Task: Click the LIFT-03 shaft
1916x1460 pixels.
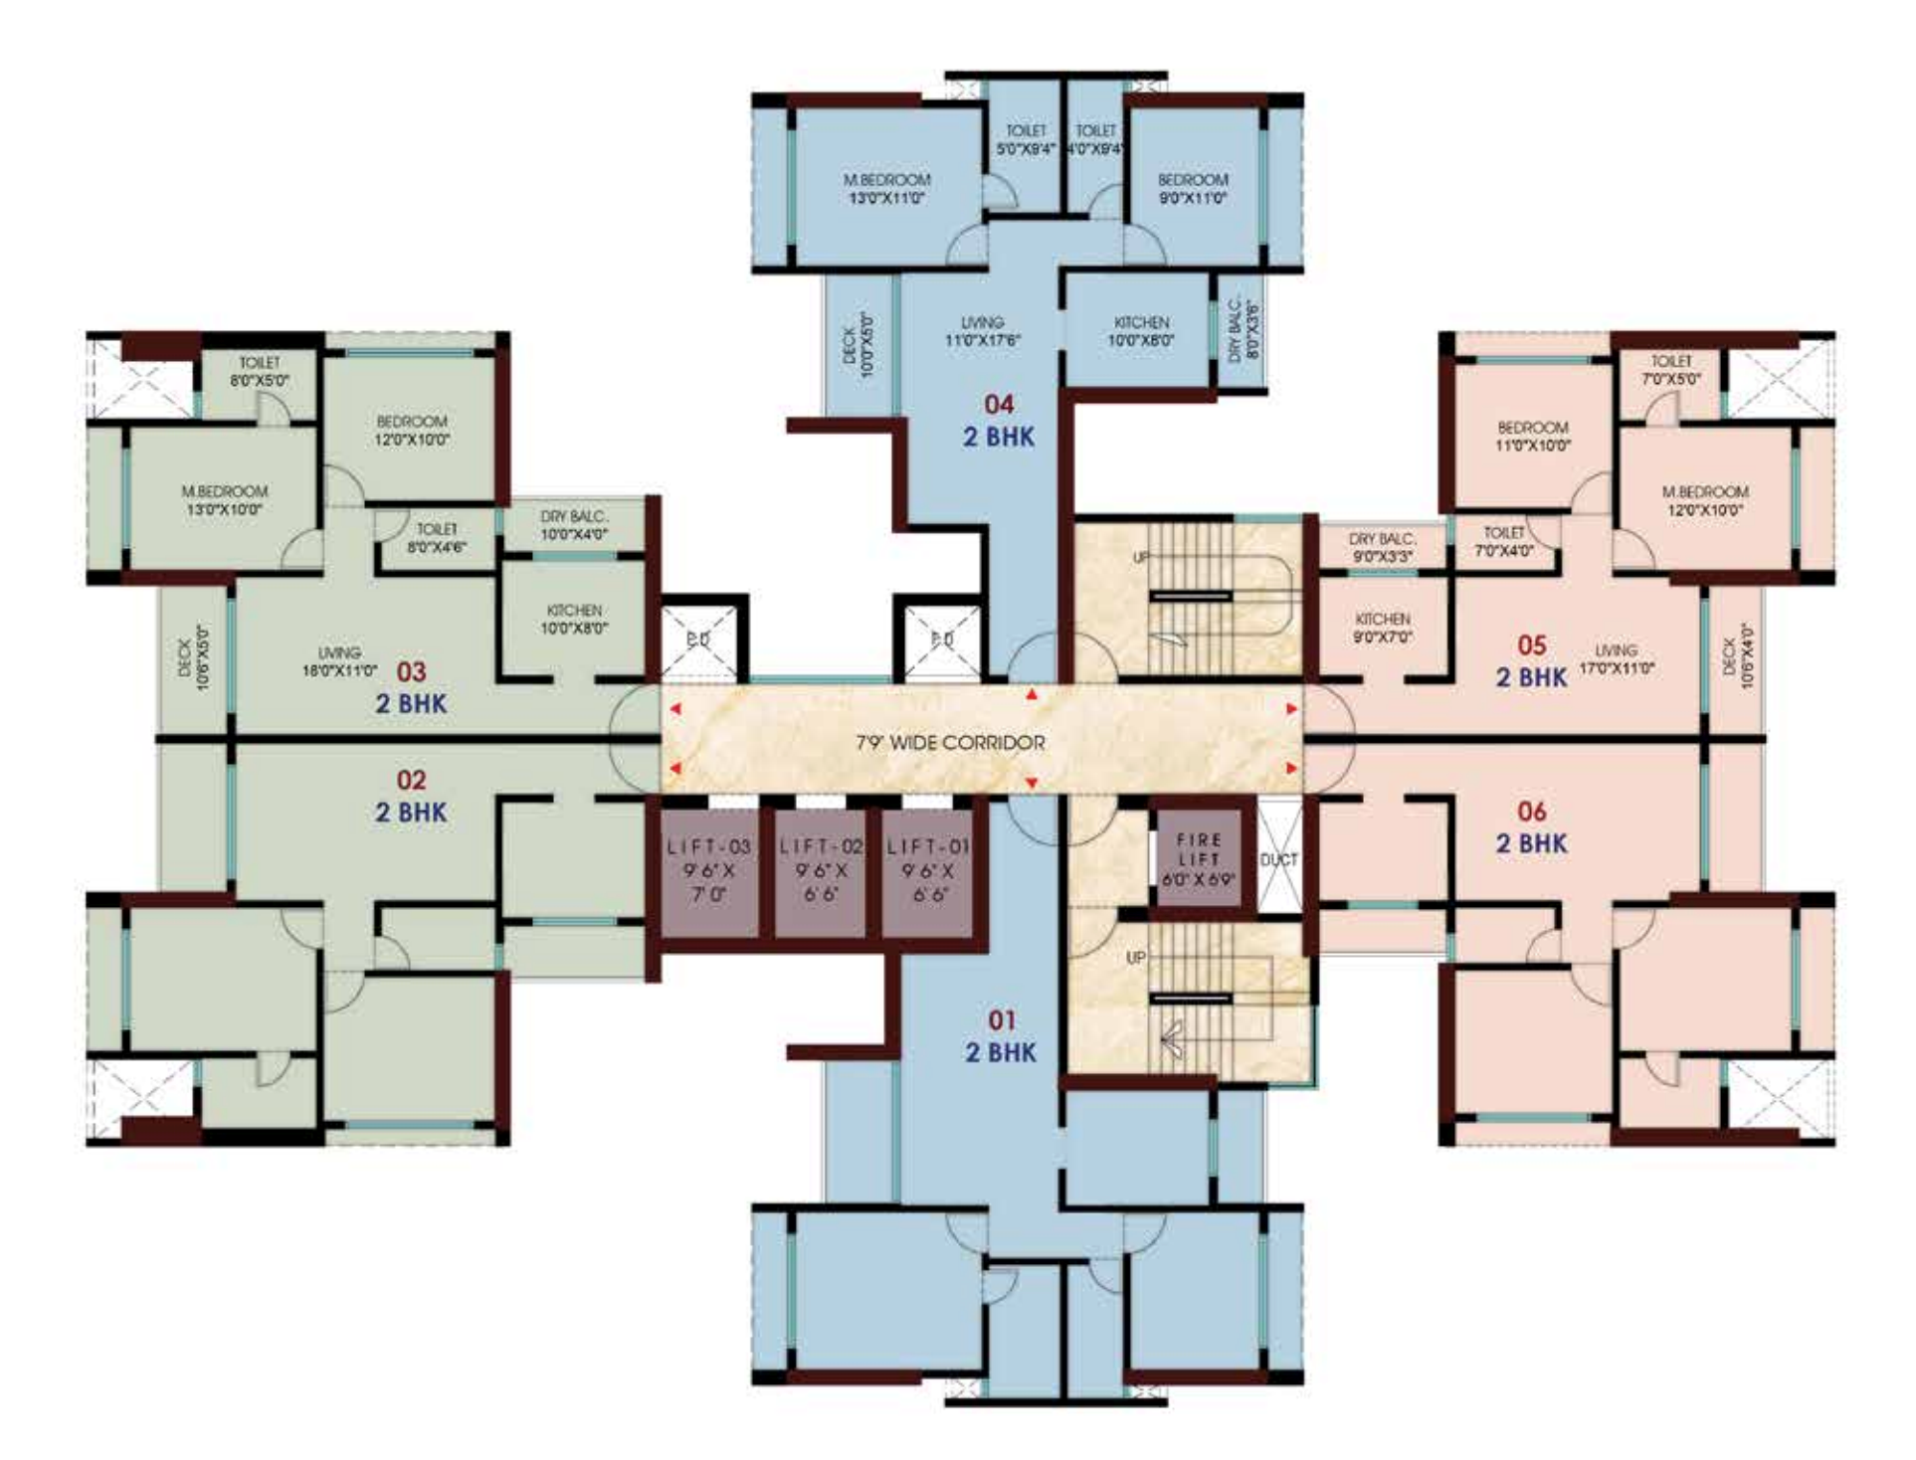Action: (x=709, y=871)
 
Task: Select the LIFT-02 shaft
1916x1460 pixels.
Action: (x=820, y=871)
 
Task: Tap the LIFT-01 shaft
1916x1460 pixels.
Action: (x=927, y=871)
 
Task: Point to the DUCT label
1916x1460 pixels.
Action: (x=1278, y=859)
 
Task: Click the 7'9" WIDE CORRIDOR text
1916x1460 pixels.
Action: (x=950, y=743)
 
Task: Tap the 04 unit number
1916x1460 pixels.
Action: (x=999, y=404)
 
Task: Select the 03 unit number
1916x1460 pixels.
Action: (x=411, y=671)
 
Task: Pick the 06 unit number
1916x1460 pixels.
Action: (x=1532, y=812)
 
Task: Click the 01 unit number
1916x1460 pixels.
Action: (x=1002, y=1019)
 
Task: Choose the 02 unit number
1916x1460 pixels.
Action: (x=411, y=780)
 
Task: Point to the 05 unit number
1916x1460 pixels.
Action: (x=1532, y=645)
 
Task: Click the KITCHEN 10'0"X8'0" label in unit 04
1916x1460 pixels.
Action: (x=1141, y=331)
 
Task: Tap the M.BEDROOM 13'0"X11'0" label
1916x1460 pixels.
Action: (x=886, y=189)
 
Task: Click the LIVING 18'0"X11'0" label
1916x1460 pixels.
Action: (x=339, y=661)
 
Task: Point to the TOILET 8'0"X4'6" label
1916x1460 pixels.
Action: (x=437, y=538)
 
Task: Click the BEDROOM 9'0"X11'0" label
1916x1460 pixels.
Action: (x=1193, y=189)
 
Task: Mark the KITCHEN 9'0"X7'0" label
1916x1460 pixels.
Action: (x=1383, y=628)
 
